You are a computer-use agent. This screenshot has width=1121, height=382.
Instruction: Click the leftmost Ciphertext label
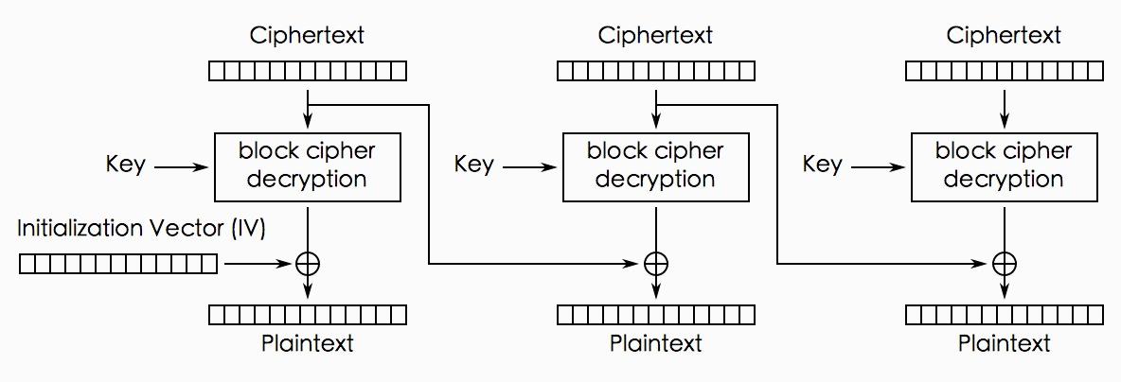308,36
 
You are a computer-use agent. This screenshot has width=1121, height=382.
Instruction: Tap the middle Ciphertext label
656,36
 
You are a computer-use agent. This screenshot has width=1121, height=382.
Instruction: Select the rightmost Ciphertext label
1005,36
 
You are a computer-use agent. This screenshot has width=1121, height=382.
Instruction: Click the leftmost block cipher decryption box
308,166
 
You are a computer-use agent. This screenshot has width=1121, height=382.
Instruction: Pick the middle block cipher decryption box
656,166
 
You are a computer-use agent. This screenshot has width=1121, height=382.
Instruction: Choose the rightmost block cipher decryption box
1005,166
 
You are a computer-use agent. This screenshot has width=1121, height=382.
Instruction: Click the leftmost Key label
126,165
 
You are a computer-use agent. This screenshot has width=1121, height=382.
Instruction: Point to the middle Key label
474,165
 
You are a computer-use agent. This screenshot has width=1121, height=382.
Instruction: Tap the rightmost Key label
823,165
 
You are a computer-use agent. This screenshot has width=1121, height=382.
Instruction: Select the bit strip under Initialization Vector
118,265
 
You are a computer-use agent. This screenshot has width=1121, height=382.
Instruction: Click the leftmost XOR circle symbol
308,265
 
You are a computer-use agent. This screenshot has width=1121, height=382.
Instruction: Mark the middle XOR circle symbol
656,265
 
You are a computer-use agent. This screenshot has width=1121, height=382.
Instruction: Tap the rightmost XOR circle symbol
1005,265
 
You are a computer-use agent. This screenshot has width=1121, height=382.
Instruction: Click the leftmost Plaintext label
308,342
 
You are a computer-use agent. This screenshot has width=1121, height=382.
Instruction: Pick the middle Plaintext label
656,342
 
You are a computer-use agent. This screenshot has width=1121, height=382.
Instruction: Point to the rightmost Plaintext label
1005,342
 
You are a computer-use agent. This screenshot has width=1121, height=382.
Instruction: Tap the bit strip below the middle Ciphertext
656,71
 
